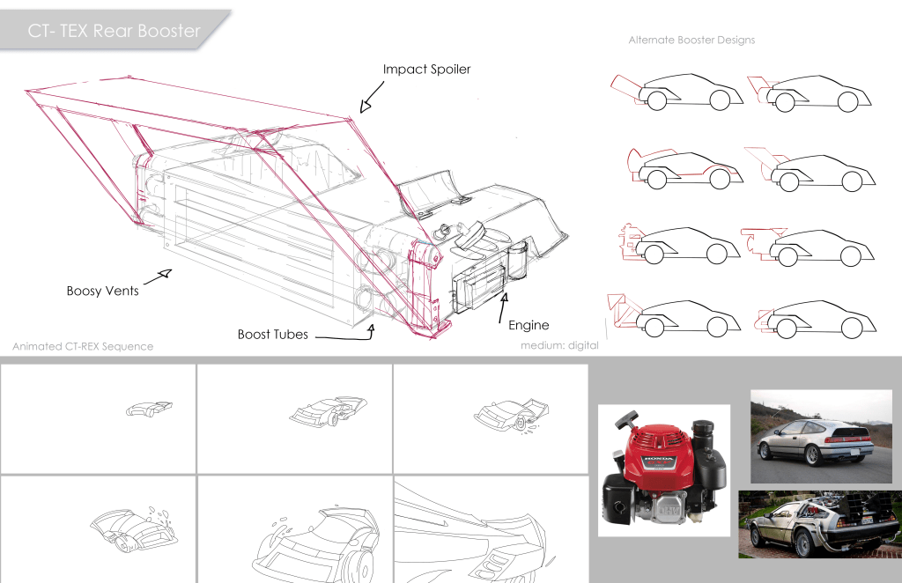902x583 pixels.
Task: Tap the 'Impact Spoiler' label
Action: tap(426, 70)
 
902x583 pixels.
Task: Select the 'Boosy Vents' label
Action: tap(102, 291)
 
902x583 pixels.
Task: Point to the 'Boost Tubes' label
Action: tap(272, 335)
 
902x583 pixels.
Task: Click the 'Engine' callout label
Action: tap(529, 326)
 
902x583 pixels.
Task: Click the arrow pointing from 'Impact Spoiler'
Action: tap(372, 95)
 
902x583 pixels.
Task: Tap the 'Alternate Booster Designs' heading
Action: tap(691, 40)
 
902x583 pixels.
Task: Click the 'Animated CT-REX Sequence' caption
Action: tap(83, 346)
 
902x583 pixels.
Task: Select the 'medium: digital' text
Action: tap(559, 345)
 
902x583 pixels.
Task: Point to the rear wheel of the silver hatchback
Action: tap(765, 452)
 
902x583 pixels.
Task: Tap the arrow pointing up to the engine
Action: tap(502, 308)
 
